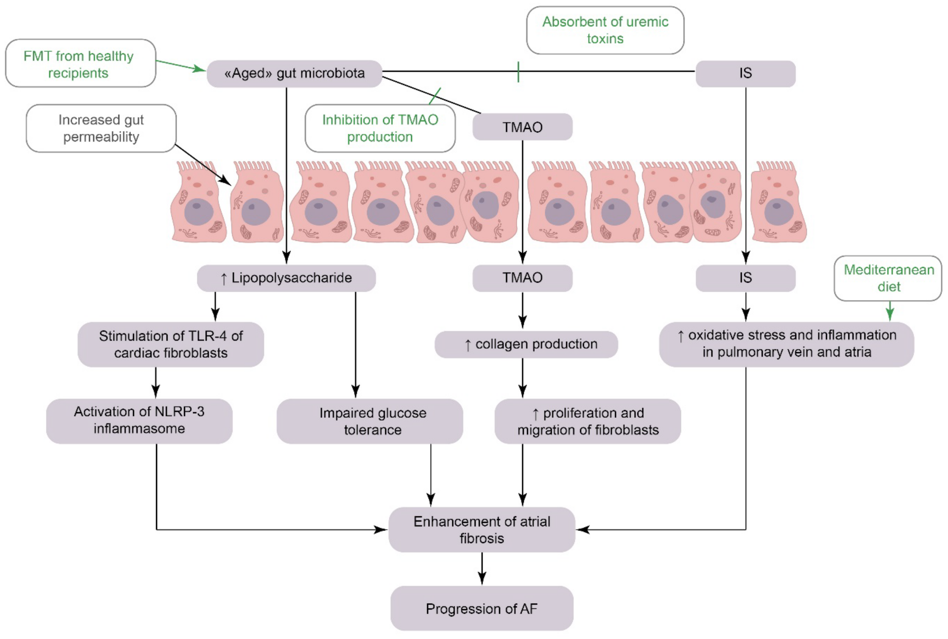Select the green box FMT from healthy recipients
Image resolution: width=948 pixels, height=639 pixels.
(x=80, y=63)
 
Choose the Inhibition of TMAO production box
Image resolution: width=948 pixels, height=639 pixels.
(x=380, y=128)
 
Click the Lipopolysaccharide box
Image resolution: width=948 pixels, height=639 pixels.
(x=286, y=278)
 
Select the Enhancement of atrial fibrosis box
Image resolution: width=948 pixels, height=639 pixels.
(x=481, y=529)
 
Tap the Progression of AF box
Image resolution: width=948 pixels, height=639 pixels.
(x=481, y=609)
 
